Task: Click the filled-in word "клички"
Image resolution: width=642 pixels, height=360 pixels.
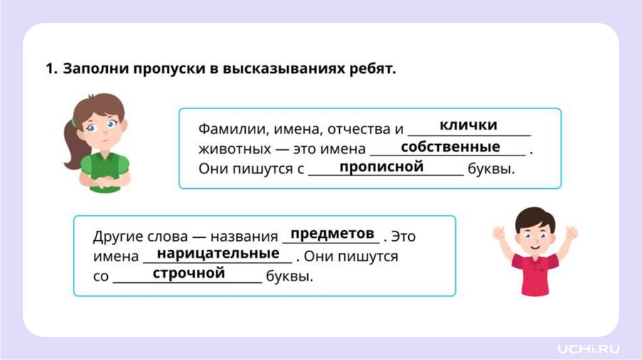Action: (x=468, y=125)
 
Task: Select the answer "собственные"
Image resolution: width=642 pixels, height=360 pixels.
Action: (x=450, y=147)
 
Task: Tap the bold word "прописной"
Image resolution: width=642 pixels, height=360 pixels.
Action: (x=381, y=167)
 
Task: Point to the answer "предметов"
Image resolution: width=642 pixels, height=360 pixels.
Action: (x=332, y=233)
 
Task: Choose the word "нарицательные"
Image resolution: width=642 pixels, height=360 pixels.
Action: (x=218, y=253)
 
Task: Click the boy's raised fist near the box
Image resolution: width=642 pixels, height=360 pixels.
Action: (x=499, y=233)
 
